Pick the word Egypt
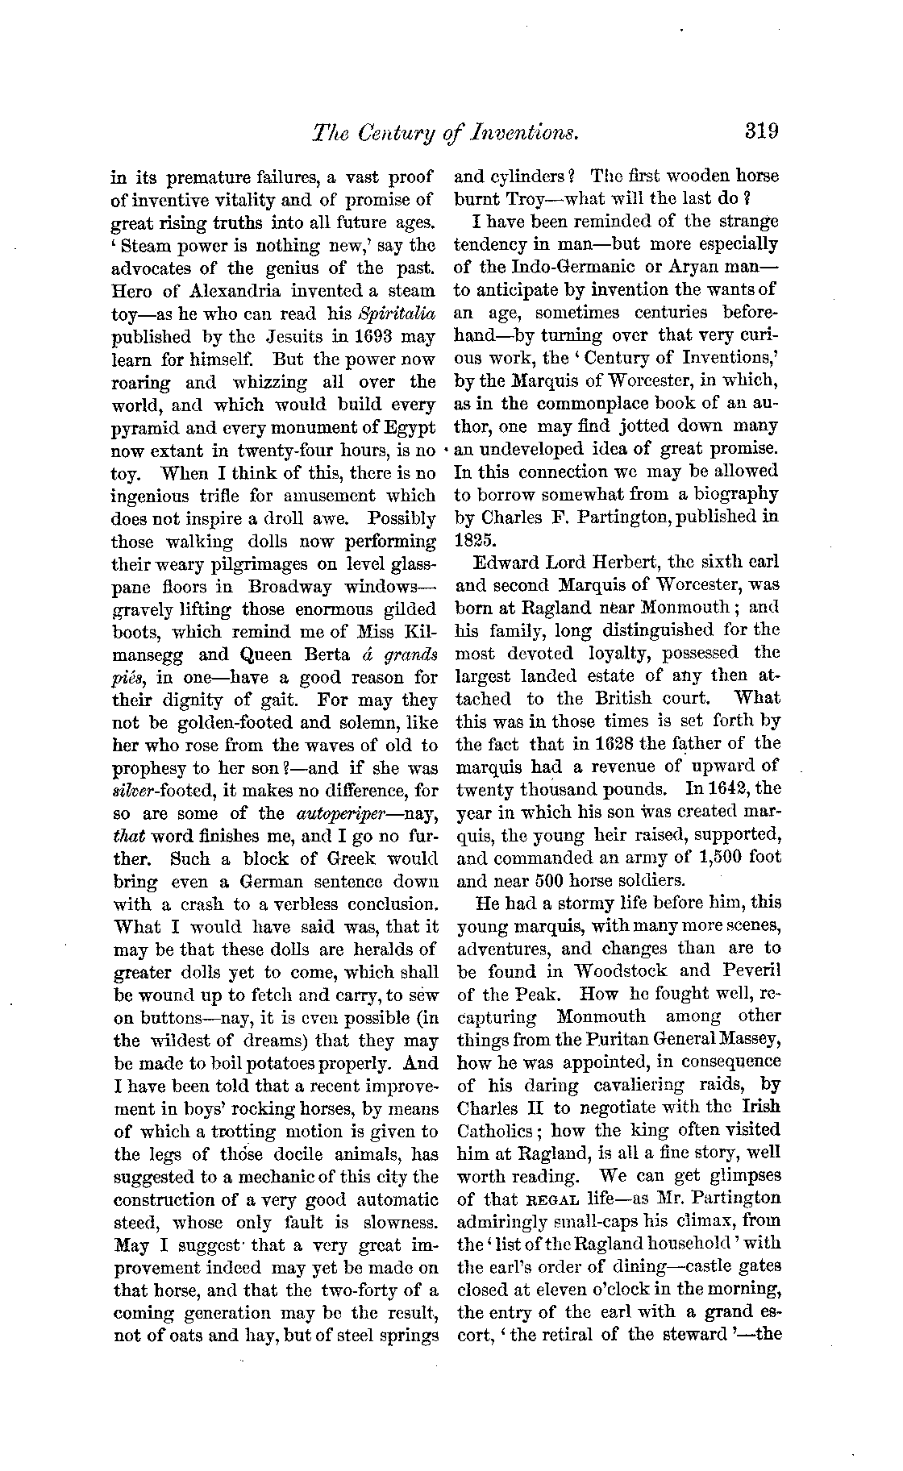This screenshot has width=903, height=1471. tap(408, 426)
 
